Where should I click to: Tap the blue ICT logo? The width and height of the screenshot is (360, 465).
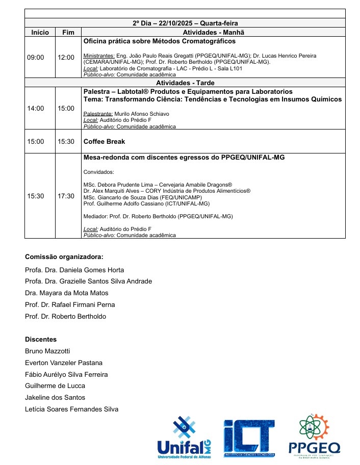tap(249, 437)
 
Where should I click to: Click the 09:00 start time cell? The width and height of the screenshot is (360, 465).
tap(36, 57)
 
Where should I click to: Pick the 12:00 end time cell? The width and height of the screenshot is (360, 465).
tap(66, 57)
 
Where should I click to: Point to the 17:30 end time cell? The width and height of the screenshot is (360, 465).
tap(66, 196)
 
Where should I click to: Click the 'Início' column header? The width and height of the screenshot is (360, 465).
tap(40, 32)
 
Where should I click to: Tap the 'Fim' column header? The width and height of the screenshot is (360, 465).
tap(68, 32)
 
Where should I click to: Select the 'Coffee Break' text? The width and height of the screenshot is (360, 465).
tap(104, 141)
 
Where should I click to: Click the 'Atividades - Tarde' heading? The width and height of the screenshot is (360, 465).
tap(185, 83)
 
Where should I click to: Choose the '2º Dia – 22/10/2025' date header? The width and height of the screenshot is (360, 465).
tap(185, 23)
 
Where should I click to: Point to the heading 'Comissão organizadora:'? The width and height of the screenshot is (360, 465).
tap(64, 256)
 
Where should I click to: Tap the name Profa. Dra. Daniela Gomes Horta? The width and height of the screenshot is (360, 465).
tap(74, 270)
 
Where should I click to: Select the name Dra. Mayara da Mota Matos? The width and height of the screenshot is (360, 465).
tap(66, 293)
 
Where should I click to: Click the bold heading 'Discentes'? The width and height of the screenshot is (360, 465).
tap(41, 339)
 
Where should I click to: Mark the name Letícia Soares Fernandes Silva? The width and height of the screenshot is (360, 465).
tap(71, 409)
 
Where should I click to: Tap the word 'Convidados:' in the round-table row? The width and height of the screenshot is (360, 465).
tap(98, 172)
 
